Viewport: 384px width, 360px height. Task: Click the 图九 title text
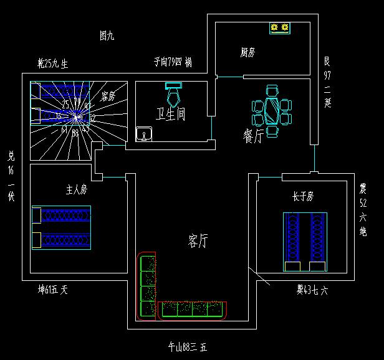click(107, 36)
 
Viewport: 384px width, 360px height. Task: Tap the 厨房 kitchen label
click(248, 52)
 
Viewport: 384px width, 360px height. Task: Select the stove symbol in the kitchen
click(280, 27)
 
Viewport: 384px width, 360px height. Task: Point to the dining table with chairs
click(272, 111)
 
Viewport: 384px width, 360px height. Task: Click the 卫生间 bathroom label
click(170, 114)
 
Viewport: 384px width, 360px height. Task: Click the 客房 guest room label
click(108, 97)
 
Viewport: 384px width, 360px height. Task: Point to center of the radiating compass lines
click(75, 116)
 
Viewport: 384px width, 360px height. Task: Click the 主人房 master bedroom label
click(76, 189)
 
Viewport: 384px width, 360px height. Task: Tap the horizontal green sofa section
click(193, 309)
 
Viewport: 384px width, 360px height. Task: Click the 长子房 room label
click(302, 196)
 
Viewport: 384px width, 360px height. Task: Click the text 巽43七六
click(312, 290)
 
